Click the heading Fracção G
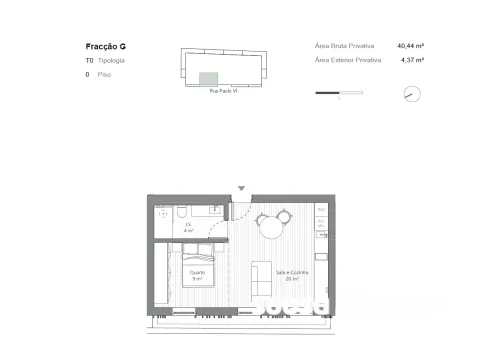(106, 47)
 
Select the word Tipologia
(111, 61)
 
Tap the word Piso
(104, 75)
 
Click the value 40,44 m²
(410, 46)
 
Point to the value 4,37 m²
(412, 60)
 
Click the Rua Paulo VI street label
(222, 91)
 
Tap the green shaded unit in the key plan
(209, 79)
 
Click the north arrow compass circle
(411, 94)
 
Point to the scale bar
(338, 94)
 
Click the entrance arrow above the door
(240, 187)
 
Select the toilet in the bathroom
(180, 213)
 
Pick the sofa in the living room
(261, 278)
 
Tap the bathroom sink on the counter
(214, 210)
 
